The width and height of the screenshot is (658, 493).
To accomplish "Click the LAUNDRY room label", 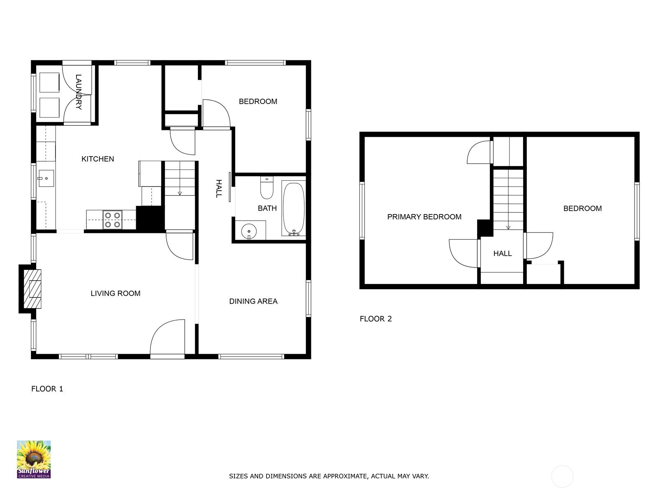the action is [79, 92].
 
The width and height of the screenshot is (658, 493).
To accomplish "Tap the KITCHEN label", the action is [98, 159].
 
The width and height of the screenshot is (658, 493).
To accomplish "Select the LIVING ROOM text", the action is [116, 293].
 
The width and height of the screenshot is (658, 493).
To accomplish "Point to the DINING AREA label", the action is [253, 302].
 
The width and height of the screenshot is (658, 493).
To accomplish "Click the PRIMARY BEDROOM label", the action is [424, 217].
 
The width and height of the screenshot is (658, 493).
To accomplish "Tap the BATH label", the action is [267, 208].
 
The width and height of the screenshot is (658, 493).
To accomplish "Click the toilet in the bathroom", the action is [266, 188].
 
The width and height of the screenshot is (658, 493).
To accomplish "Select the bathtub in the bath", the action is [294, 208].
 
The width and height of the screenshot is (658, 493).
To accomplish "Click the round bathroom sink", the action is [249, 231].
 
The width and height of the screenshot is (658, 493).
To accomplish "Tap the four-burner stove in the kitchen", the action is [112, 220].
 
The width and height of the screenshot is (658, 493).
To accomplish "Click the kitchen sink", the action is [46, 178].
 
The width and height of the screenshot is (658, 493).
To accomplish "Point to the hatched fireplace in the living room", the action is [32, 289].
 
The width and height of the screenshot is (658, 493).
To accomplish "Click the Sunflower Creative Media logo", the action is [34, 459].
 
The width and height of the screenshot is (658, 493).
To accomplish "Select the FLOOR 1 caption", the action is [47, 389].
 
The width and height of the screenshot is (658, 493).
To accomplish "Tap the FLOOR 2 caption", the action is [375, 319].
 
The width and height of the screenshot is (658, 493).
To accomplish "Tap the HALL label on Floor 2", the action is [503, 253].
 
